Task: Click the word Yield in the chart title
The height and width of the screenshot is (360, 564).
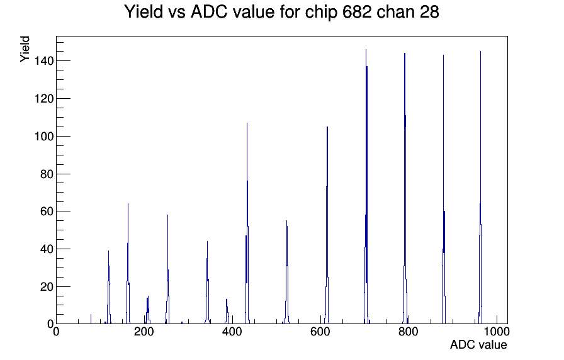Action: pyautogui.click(x=144, y=12)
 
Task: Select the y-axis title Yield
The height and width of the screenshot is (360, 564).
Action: pyautogui.click(x=25, y=49)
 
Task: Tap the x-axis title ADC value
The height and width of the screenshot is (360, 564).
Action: pyautogui.click(x=478, y=344)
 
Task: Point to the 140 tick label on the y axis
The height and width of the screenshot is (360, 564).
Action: pyautogui.click(x=43, y=61)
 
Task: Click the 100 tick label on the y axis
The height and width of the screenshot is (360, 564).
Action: pyautogui.click(x=43, y=137)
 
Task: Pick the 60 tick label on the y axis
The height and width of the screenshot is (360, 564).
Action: pyautogui.click(x=47, y=211)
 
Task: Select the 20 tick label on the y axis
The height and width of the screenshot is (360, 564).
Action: pyautogui.click(x=47, y=286)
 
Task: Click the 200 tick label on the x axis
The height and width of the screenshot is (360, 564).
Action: pyautogui.click(x=144, y=332)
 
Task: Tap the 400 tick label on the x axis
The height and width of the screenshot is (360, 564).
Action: pyautogui.click(x=232, y=332)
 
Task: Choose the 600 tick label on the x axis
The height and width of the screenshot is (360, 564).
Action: pyautogui.click(x=320, y=332)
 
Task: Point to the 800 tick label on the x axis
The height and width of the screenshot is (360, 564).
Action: pyautogui.click(x=409, y=332)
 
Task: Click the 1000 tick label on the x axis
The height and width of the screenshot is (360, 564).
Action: pyautogui.click(x=497, y=332)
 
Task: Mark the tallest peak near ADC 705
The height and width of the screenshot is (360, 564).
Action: pyautogui.click(x=366, y=187)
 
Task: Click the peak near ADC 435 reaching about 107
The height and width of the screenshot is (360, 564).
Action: pyautogui.click(x=247, y=223)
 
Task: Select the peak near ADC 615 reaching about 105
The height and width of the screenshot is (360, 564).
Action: pyautogui.click(x=327, y=225)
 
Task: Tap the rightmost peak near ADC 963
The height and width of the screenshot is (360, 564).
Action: pyautogui.click(x=480, y=187)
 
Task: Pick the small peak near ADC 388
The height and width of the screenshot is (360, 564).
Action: pyautogui.click(x=227, y=312)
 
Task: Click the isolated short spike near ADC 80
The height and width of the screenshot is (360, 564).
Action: pyautogui.click(x=91, y=319)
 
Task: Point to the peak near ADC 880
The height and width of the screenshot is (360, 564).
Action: pyautogui.click(x=444, y=189)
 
